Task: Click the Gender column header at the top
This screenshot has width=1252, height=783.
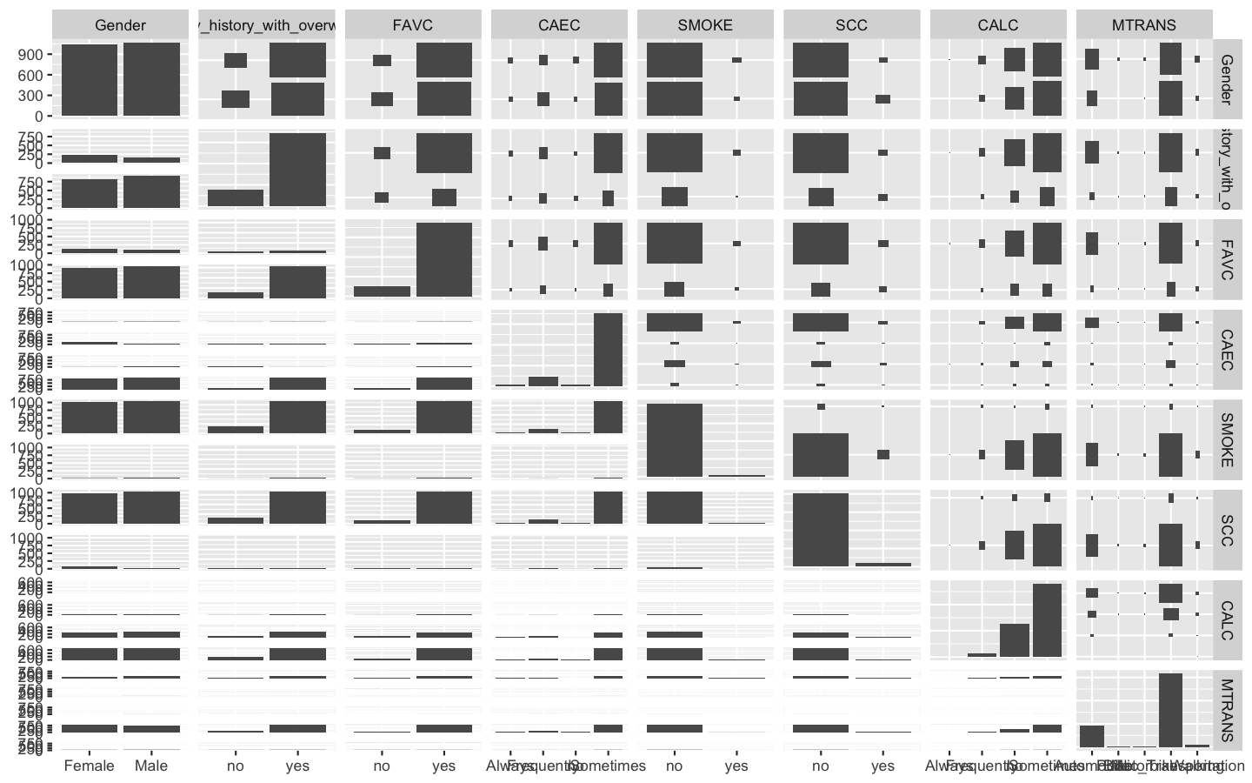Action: coord(120,25)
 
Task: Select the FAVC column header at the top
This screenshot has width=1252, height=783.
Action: coord(413,25)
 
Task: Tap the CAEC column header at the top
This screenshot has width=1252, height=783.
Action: coord(559,25)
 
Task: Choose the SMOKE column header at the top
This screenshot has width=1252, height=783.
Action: coord(705,25)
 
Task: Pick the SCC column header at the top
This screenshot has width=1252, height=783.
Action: coord(851,25)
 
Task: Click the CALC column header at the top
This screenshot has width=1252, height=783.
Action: coord(997,25)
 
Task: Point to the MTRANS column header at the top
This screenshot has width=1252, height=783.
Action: coord(1143,25)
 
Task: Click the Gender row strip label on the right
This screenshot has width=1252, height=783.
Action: coord(1225,79)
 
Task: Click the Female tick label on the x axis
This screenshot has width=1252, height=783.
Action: coord(90,766)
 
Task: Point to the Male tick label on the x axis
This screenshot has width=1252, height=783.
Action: coord(151,766)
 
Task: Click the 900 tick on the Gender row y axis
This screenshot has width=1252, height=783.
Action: coord(32,54)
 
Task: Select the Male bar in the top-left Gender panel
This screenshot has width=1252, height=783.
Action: coord(151,79)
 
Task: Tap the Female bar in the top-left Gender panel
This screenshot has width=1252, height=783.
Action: coord(90,80)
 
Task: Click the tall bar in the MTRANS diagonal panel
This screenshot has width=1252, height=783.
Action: coord(1170,709)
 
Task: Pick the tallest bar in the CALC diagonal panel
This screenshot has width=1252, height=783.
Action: coord(1047,619)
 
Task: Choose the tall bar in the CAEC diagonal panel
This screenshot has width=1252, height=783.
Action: coord(608,349)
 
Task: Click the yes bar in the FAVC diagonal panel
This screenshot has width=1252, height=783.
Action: coord(444,260)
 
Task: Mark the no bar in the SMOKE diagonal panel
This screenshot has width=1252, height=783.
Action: coord(674,439)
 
